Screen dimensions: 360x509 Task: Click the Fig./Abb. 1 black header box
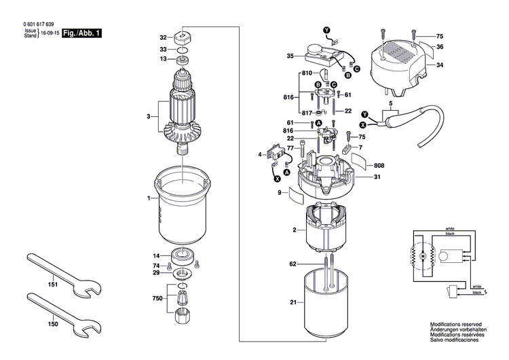point(81,33)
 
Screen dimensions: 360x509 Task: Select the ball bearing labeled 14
point(184,257)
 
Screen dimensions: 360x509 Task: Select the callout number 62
point(293,263)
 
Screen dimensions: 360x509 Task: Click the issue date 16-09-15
point(50,33)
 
